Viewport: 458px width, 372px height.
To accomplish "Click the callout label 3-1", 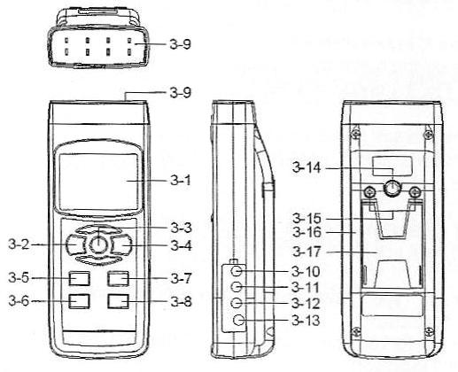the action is click(181, 180).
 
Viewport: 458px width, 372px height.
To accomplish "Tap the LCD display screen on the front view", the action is click(98, 182).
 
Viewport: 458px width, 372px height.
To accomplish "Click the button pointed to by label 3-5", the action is click(79, 278).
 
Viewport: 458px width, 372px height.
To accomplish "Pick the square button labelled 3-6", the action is click(79, 301).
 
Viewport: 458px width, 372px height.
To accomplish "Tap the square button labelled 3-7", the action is click(118, 278).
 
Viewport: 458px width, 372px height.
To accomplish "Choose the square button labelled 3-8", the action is click(118, 301).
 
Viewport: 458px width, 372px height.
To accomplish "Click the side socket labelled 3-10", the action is click(237, 270).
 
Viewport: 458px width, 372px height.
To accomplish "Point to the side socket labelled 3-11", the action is click(237, 287).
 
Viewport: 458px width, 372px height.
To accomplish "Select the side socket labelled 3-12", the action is click(237, 303).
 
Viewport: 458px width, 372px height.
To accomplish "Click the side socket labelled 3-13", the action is click(238, 321).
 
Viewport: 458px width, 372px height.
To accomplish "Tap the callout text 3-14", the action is click(307, 167).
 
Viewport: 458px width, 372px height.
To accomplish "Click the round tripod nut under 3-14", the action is click(392, 188).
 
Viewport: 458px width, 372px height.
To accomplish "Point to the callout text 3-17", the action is click(307, 252).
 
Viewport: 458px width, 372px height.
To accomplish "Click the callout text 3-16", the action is click(307, 232).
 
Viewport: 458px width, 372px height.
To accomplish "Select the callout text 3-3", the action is click(181, 228).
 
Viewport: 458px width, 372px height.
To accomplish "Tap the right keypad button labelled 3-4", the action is click(121, 244).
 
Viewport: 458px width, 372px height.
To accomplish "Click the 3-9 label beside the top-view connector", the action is click(181, 44).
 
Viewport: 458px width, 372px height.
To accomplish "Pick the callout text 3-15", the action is click(307, 219).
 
